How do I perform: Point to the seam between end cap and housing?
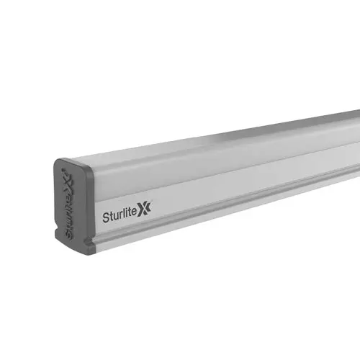click(x=92, y=209)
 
